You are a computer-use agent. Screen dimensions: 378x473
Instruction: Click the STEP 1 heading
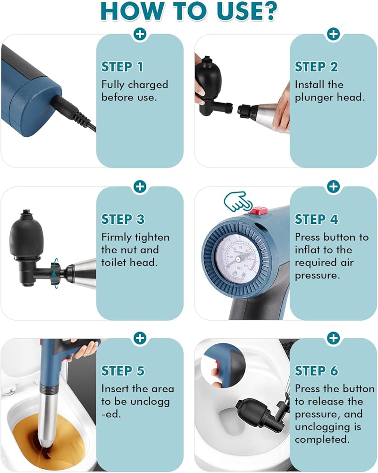[x=122, y=67]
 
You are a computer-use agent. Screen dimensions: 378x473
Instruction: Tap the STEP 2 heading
[x=316, y=67]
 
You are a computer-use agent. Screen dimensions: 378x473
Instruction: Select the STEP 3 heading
[x=123, y=219]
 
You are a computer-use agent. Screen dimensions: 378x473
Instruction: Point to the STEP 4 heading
[x=316, y=219]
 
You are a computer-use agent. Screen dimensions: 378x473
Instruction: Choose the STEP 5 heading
[x=123, y=371]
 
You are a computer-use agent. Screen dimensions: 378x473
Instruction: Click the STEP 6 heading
[x=316, y=371]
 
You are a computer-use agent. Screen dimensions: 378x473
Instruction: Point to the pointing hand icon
[x=238, y=201]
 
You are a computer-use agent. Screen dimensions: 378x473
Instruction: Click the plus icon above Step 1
[x=140, y=34]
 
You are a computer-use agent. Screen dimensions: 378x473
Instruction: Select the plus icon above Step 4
[x=333, y=187]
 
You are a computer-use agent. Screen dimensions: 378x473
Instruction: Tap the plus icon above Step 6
[x=333, y=338]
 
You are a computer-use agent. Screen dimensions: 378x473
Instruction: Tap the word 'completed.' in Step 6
[x=322, y=439]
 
